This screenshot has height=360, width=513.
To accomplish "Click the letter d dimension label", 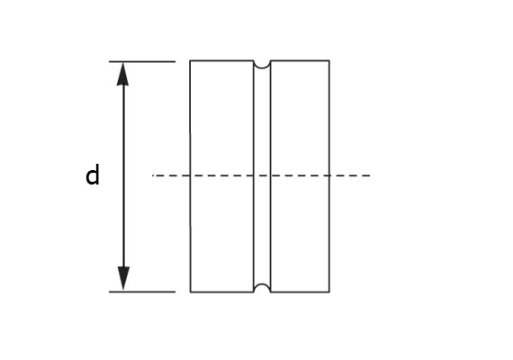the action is coord(93,175).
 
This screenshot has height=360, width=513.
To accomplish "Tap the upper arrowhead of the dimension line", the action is coord(122,74).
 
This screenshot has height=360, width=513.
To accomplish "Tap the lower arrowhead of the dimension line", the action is coord(123,278).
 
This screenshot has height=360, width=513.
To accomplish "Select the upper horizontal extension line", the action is coord(142,61).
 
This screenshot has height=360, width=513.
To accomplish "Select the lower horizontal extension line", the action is coord(142,292).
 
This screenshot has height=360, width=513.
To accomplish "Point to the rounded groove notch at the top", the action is coord(262,65).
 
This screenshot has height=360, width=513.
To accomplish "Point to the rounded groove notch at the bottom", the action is coord(262,288).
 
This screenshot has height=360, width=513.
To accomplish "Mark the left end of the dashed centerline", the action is coord(152,175).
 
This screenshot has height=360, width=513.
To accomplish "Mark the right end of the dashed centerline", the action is coord(370,175).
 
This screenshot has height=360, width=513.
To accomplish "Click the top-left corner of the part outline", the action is coord(190,60).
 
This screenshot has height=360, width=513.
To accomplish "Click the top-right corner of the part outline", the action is coord(329,60).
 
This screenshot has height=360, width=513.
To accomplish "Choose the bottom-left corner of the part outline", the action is coord(191,292).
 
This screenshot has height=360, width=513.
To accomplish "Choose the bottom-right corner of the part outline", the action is coord(329,292).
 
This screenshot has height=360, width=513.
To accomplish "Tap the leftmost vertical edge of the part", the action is coord(191,176).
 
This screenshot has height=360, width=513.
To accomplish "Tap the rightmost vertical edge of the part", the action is coord(329,176).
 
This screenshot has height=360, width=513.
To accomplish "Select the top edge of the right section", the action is coord(300,60).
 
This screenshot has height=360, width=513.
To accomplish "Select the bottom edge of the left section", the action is coord(221,292).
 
